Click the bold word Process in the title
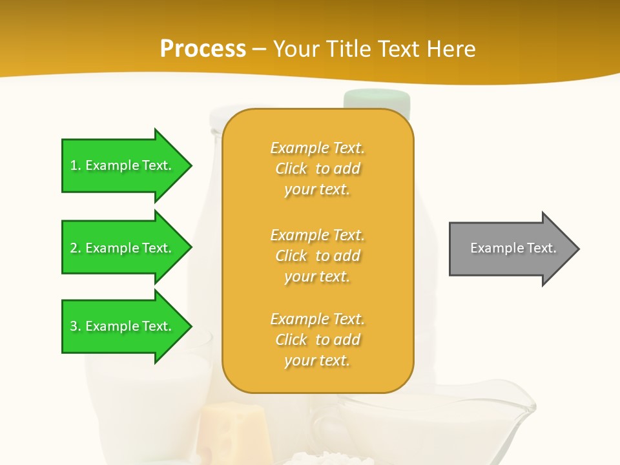pos(203,49)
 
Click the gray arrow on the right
pos(510,249)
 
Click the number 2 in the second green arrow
pos(74,248)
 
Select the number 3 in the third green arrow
pos(74,326)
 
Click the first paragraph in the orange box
pos(317,169)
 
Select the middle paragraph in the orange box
pos(317,256)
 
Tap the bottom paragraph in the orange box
pos(317,340)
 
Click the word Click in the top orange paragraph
pos(291,169)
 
